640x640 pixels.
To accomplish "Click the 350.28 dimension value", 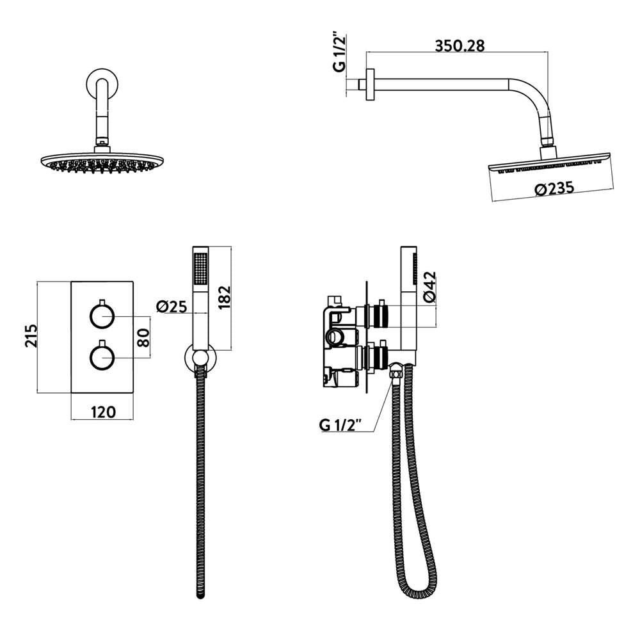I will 460,46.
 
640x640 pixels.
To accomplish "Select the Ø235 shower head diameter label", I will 552,188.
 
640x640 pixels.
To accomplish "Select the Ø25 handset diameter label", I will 170,306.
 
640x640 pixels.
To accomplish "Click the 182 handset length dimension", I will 225,298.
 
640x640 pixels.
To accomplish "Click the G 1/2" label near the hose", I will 340,425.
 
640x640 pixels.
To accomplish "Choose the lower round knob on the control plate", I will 102,356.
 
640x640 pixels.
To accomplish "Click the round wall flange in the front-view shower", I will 99,86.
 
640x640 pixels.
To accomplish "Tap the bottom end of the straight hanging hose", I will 200,592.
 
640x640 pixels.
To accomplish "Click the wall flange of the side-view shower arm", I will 369,83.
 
